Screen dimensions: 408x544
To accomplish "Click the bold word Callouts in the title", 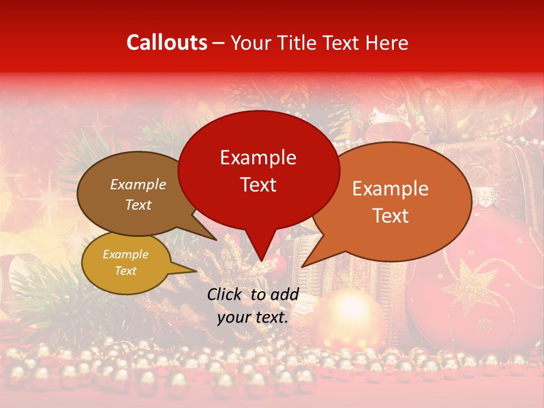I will point(167,42).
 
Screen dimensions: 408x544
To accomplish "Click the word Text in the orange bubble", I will point(390,216).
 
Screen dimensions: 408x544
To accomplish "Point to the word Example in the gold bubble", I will point(125,254).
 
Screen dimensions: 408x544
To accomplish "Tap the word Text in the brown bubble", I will point(138,205).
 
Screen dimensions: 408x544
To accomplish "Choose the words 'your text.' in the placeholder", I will point(253,317).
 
